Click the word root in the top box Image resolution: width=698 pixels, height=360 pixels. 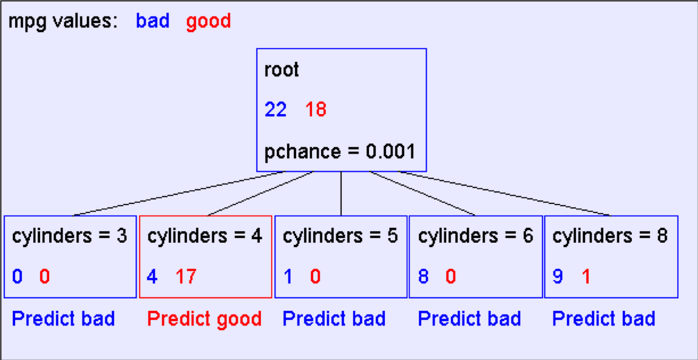pos(282,71)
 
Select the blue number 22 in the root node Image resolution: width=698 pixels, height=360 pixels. pos(276,110)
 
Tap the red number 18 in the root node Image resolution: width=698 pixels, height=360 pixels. pos(316,110)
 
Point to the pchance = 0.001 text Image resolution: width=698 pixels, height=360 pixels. pos(340,152)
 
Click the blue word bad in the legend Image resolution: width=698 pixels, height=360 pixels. pos(153,21)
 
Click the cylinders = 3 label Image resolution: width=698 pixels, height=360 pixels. pos(70,237)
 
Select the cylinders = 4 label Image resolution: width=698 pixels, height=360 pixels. pos(205,237)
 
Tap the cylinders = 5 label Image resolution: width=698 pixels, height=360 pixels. pos(340,237)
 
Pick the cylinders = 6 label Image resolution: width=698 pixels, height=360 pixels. pos(475,237)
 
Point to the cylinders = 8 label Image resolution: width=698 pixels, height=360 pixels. pos(610,237)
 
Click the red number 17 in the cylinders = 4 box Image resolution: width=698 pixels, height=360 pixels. pos(185,277)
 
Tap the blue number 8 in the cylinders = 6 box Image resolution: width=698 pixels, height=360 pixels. pos(423,277)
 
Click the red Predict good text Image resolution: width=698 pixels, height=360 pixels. pos(205,319)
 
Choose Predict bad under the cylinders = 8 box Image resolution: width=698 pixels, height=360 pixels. pos(604,319)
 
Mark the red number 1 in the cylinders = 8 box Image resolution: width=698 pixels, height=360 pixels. pos(586,277)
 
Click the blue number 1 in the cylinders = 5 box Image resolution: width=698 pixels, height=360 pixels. pos(288,277)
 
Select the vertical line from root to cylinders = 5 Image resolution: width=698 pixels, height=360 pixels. pos(341,194)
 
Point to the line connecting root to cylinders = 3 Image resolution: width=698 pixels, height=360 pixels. pos(178,194)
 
